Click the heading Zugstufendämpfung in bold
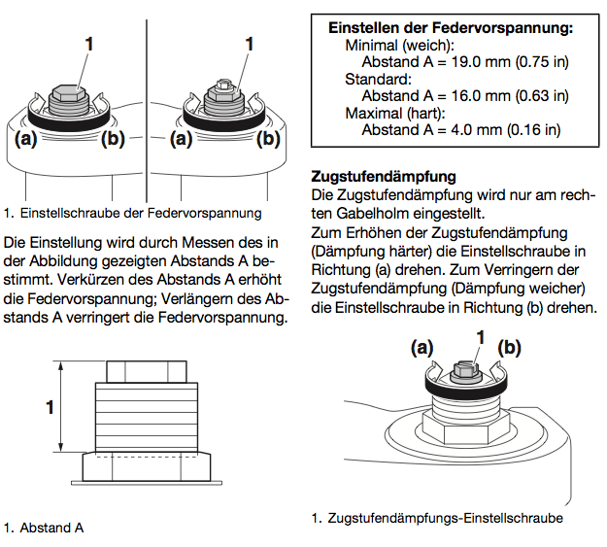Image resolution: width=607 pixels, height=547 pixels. coord(383,177)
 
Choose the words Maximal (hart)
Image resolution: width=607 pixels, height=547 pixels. coord(391,113)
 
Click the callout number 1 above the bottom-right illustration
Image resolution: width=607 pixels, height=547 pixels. coord(478,337)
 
